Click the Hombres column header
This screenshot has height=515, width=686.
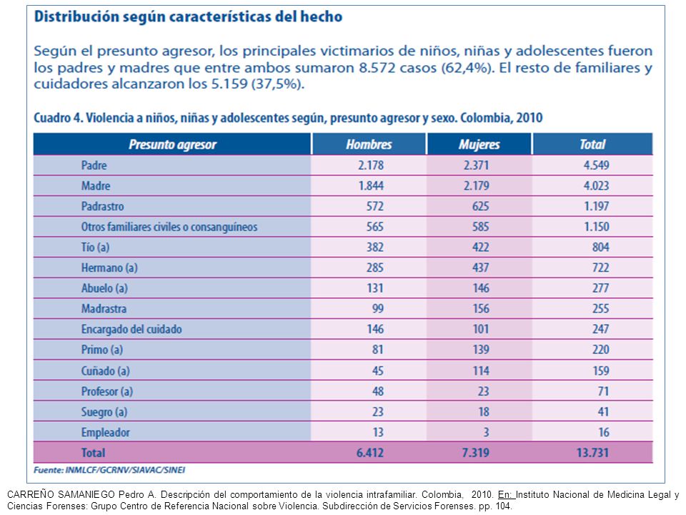[x=369, y=144]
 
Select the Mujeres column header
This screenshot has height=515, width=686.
[x=479, y=144]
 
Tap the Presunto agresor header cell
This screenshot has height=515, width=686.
[x=172, y=144]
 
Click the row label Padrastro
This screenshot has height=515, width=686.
[x=102, y=206]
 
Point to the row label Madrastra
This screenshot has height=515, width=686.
[x=104, y=309]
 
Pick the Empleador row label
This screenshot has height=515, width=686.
[x=106, y=432]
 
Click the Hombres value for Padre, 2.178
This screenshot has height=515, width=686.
[x=371, y=165]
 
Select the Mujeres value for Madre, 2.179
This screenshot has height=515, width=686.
[x=477, y=186]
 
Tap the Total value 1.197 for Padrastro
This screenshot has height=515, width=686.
[x=596, y=206]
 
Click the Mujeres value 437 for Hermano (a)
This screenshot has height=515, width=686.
[x=480, y=268]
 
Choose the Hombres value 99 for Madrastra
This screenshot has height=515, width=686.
[x=377, y=309]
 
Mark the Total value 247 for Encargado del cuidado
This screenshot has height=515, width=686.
[x=601, y=329]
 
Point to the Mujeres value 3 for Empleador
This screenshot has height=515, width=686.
[x=486, y=432]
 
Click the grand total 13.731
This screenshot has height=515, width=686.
[x=592, y=452]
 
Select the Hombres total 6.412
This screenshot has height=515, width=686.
[x=370, y=452]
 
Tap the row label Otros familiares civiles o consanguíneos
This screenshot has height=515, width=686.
[x=169, y=227]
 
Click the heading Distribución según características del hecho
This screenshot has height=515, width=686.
[x=188, y=16]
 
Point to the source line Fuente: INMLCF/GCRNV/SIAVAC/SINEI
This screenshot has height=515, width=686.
[x=109, y=470]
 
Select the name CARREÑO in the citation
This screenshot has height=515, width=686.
[x=29, y=494]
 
